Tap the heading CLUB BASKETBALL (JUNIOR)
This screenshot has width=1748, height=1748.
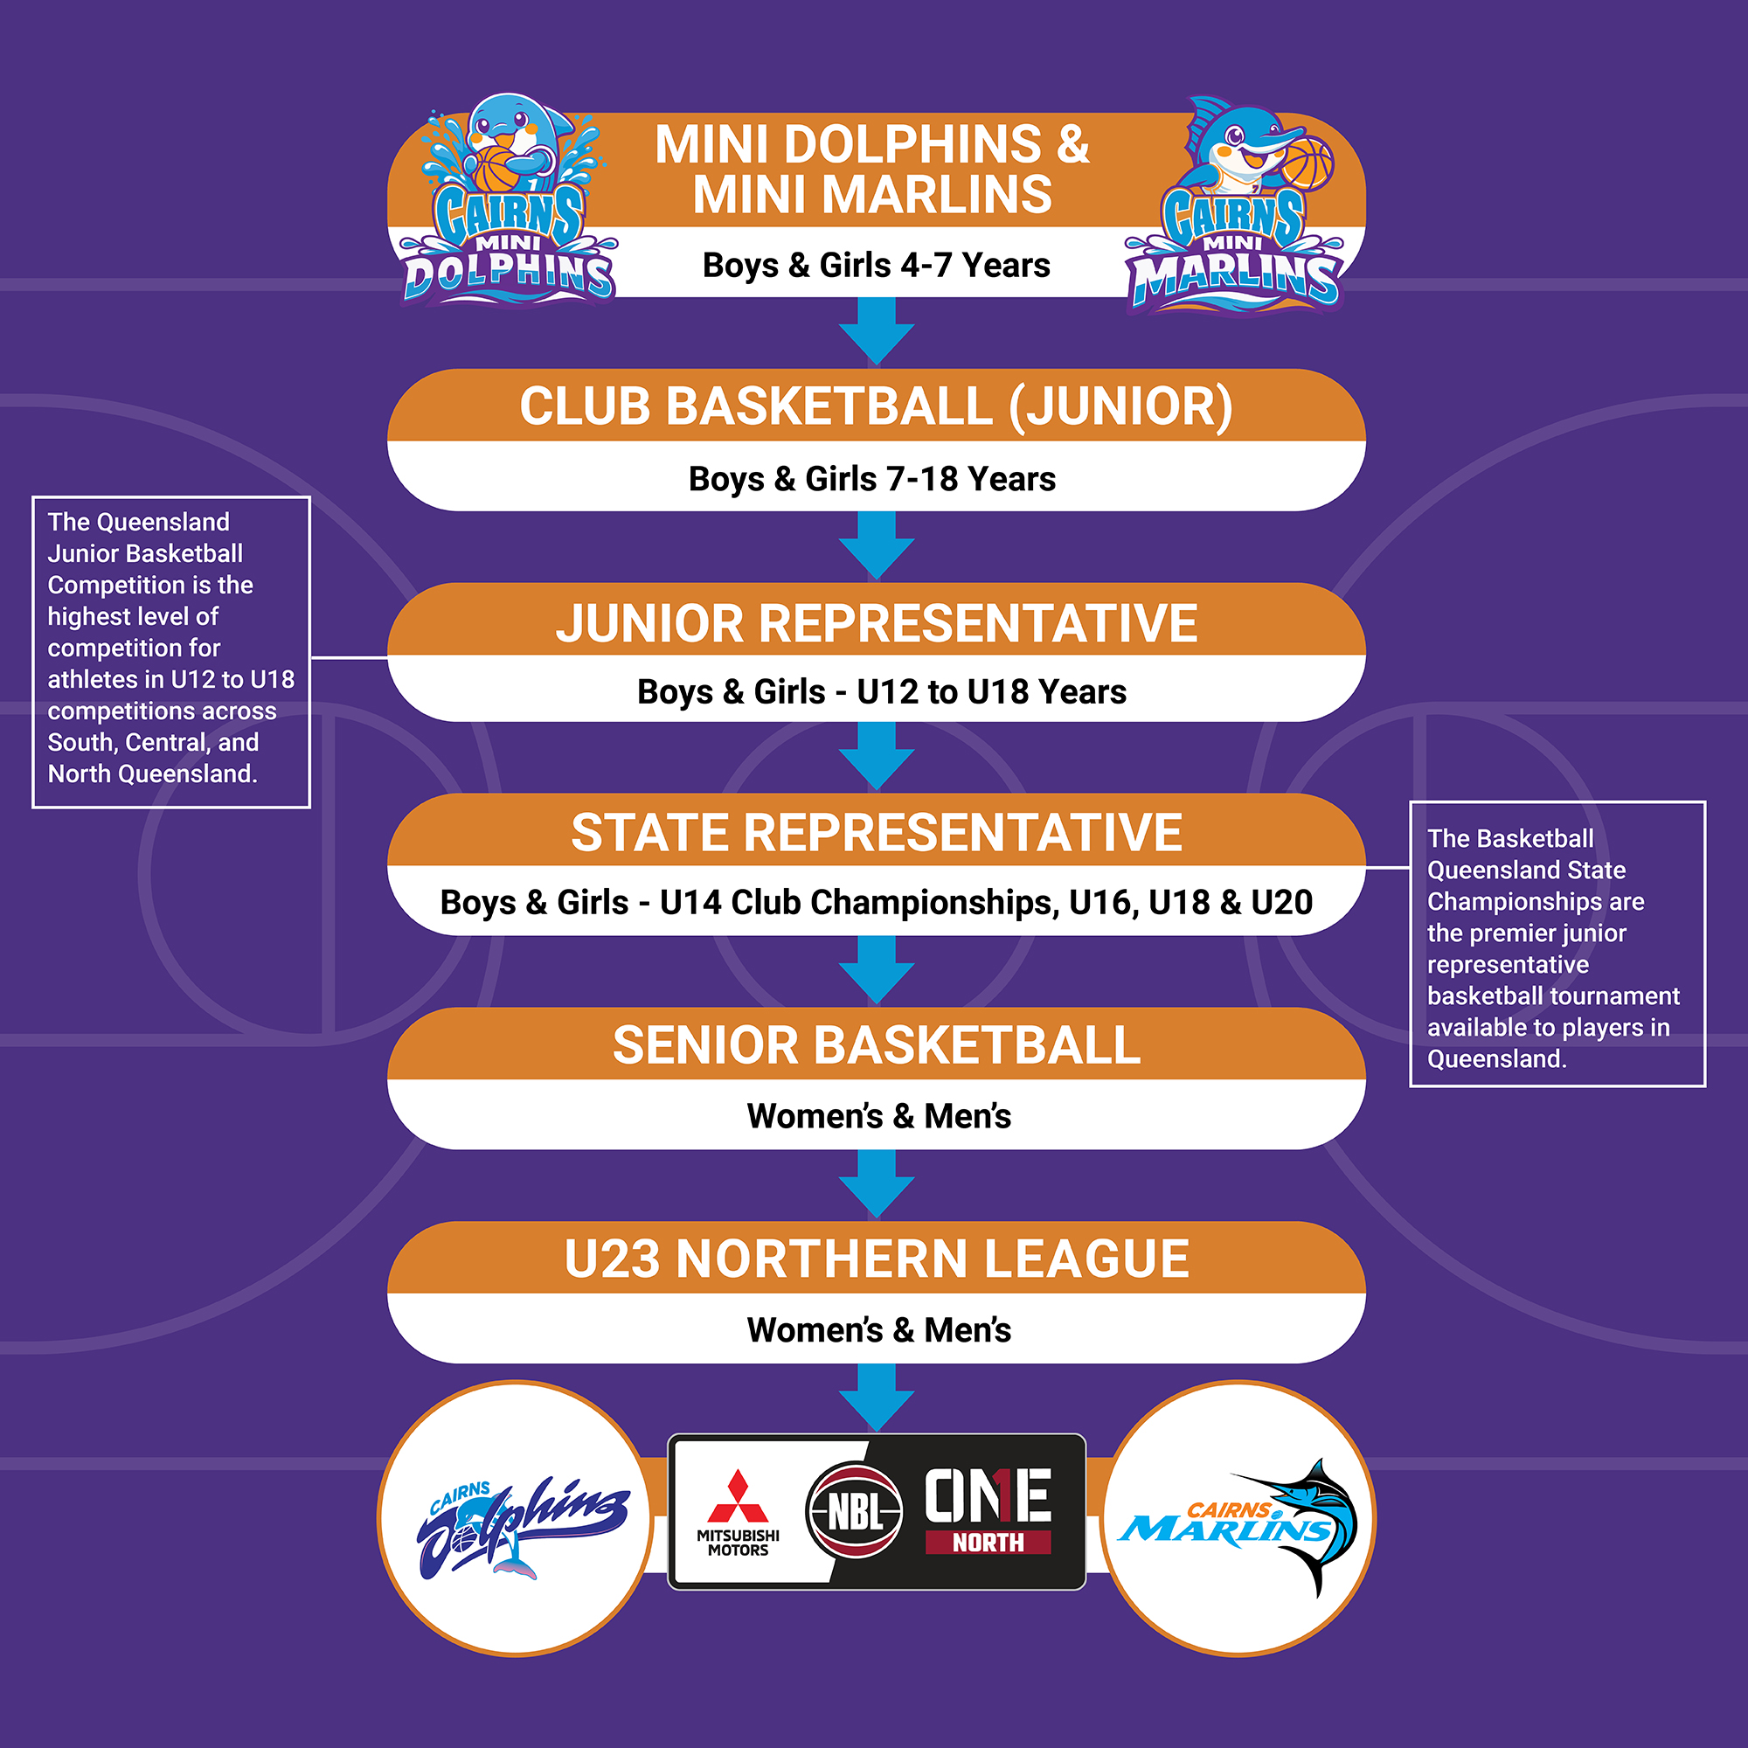click(x=876, y=406)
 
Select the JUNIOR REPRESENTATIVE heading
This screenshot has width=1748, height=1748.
click(x=876, y=623)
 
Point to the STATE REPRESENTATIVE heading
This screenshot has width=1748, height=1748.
click(x=876, y=832)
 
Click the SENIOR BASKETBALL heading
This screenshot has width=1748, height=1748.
click(x=876, y=1045)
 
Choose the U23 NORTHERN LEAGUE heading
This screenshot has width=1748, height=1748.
click(x=876, y=1259)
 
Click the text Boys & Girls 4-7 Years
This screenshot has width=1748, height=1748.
click(x=876, y=265)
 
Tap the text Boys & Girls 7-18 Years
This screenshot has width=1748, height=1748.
click(x=872, y=479)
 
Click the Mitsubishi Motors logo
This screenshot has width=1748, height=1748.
click(x=739, y=1514)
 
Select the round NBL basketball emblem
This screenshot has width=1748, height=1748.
click(x=854, y=1510)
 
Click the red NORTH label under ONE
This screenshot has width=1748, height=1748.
click(x=988, y=1543)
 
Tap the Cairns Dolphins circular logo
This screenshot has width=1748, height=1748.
click(x=515, y=1518)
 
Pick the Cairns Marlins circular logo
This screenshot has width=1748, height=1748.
click(x=1238, y=1518)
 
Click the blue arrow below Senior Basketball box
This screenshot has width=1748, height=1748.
click(x=876, y=1183)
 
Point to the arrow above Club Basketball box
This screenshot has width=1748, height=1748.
click(x=876, y=331)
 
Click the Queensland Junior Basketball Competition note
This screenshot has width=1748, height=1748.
click(x=171, y=651)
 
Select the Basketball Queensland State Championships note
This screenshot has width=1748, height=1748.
click(x=1557, y=944)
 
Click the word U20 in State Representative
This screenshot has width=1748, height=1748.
click(x=1281, y=902)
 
